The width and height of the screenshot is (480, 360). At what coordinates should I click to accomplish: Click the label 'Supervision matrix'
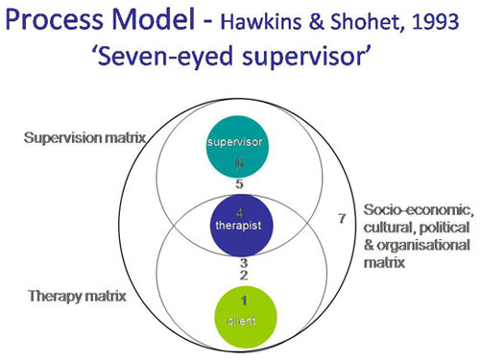pyautogui.click(x=84, y=139)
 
